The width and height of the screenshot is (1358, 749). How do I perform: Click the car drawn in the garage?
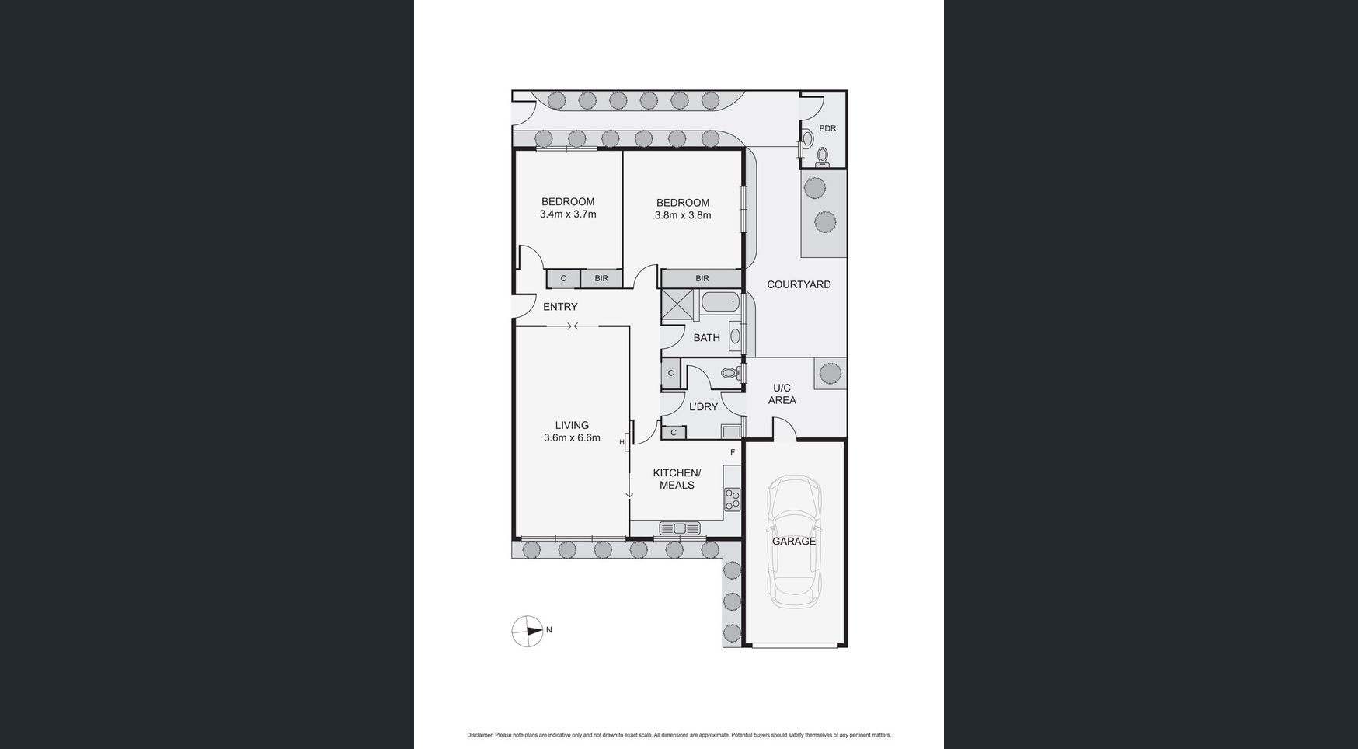tap(794, 542)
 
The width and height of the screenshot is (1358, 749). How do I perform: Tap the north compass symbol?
tap(528, 631)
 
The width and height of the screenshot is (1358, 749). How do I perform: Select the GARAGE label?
tap(794, 542)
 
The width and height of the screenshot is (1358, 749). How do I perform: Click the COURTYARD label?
tap(799, 284)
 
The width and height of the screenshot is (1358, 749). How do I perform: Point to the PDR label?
tap(827, 128)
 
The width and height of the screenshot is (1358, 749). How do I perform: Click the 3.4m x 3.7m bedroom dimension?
tap(568, 214)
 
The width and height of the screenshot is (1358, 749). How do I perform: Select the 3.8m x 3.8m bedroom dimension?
tap(683, 215)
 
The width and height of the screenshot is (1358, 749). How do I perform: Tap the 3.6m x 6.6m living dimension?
tap(572, 437)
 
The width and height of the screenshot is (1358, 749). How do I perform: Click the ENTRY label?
tap(560, 307)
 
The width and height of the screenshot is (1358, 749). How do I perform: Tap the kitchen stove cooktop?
tap(732, 499)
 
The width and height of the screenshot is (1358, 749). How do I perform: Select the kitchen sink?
tap(680, 528)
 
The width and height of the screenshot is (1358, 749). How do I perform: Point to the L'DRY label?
tap(703, 407)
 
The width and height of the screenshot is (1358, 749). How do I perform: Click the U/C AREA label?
tap(782, 394)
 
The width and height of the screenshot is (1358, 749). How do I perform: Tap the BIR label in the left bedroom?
tap(601, 278)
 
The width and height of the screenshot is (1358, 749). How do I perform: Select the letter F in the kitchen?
tap(733, 452)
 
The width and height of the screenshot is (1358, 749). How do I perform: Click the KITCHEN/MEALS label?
tap(677, 479)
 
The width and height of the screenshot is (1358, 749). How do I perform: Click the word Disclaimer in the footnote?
tap(480, 735)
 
